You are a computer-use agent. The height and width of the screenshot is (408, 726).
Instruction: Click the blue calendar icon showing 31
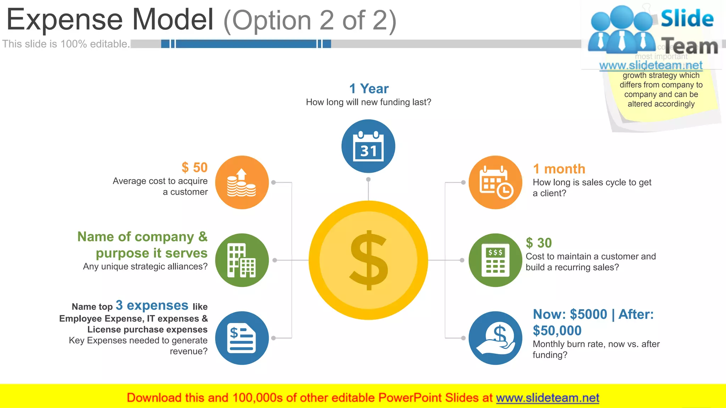tap(368, 146)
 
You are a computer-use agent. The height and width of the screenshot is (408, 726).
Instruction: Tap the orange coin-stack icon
tap(242, 182)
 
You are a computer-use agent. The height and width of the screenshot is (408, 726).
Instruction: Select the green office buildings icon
tap(242, 260)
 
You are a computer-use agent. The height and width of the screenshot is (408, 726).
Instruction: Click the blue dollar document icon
tap(242, 338)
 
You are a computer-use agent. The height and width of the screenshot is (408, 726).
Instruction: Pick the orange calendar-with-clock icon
tap(495, 182)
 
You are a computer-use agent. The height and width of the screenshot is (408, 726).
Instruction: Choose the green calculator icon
tap(495, 260)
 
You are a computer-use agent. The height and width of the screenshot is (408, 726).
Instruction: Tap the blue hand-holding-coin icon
tap(495, 338)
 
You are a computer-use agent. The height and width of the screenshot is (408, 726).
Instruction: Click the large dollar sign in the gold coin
tap(369, 260)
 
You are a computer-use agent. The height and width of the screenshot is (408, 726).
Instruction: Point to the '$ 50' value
tap(194, 168)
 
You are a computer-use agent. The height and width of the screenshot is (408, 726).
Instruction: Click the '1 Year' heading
tap(369, 89)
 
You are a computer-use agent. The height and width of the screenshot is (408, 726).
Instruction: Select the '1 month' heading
tap(559, 169)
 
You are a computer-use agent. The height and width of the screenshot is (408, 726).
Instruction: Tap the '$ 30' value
tap(539, 243)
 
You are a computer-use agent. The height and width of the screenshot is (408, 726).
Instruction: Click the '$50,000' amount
tap(557, 330)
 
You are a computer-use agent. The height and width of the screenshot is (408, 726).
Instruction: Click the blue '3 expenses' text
tap(152, 305)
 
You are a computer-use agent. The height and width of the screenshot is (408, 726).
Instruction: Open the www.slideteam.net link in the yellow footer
tap(547, 398)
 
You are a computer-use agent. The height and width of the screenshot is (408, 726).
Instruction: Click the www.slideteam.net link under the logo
tap(651, 66)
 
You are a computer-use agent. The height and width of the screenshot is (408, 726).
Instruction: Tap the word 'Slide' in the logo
tap(687, 18)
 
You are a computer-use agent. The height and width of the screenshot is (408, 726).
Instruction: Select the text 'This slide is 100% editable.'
tap(66, 44)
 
